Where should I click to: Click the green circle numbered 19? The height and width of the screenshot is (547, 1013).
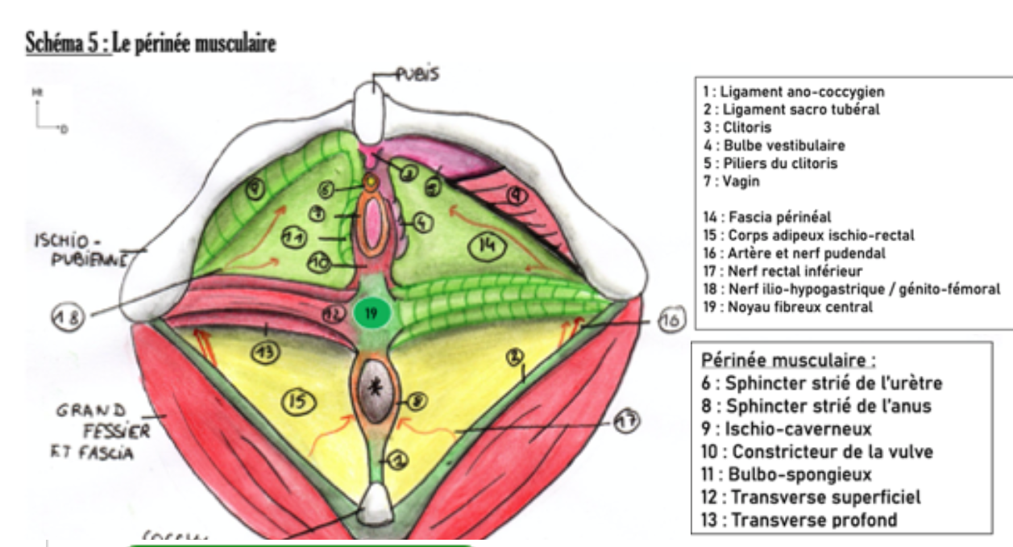(371, 313)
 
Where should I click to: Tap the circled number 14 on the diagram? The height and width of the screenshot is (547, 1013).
(486, 248)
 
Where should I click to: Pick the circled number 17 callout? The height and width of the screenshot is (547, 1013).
(625, 421)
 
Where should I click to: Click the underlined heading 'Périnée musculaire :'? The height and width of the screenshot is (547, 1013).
(789, 359)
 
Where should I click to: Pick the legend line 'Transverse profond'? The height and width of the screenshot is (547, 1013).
(799, 520)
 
